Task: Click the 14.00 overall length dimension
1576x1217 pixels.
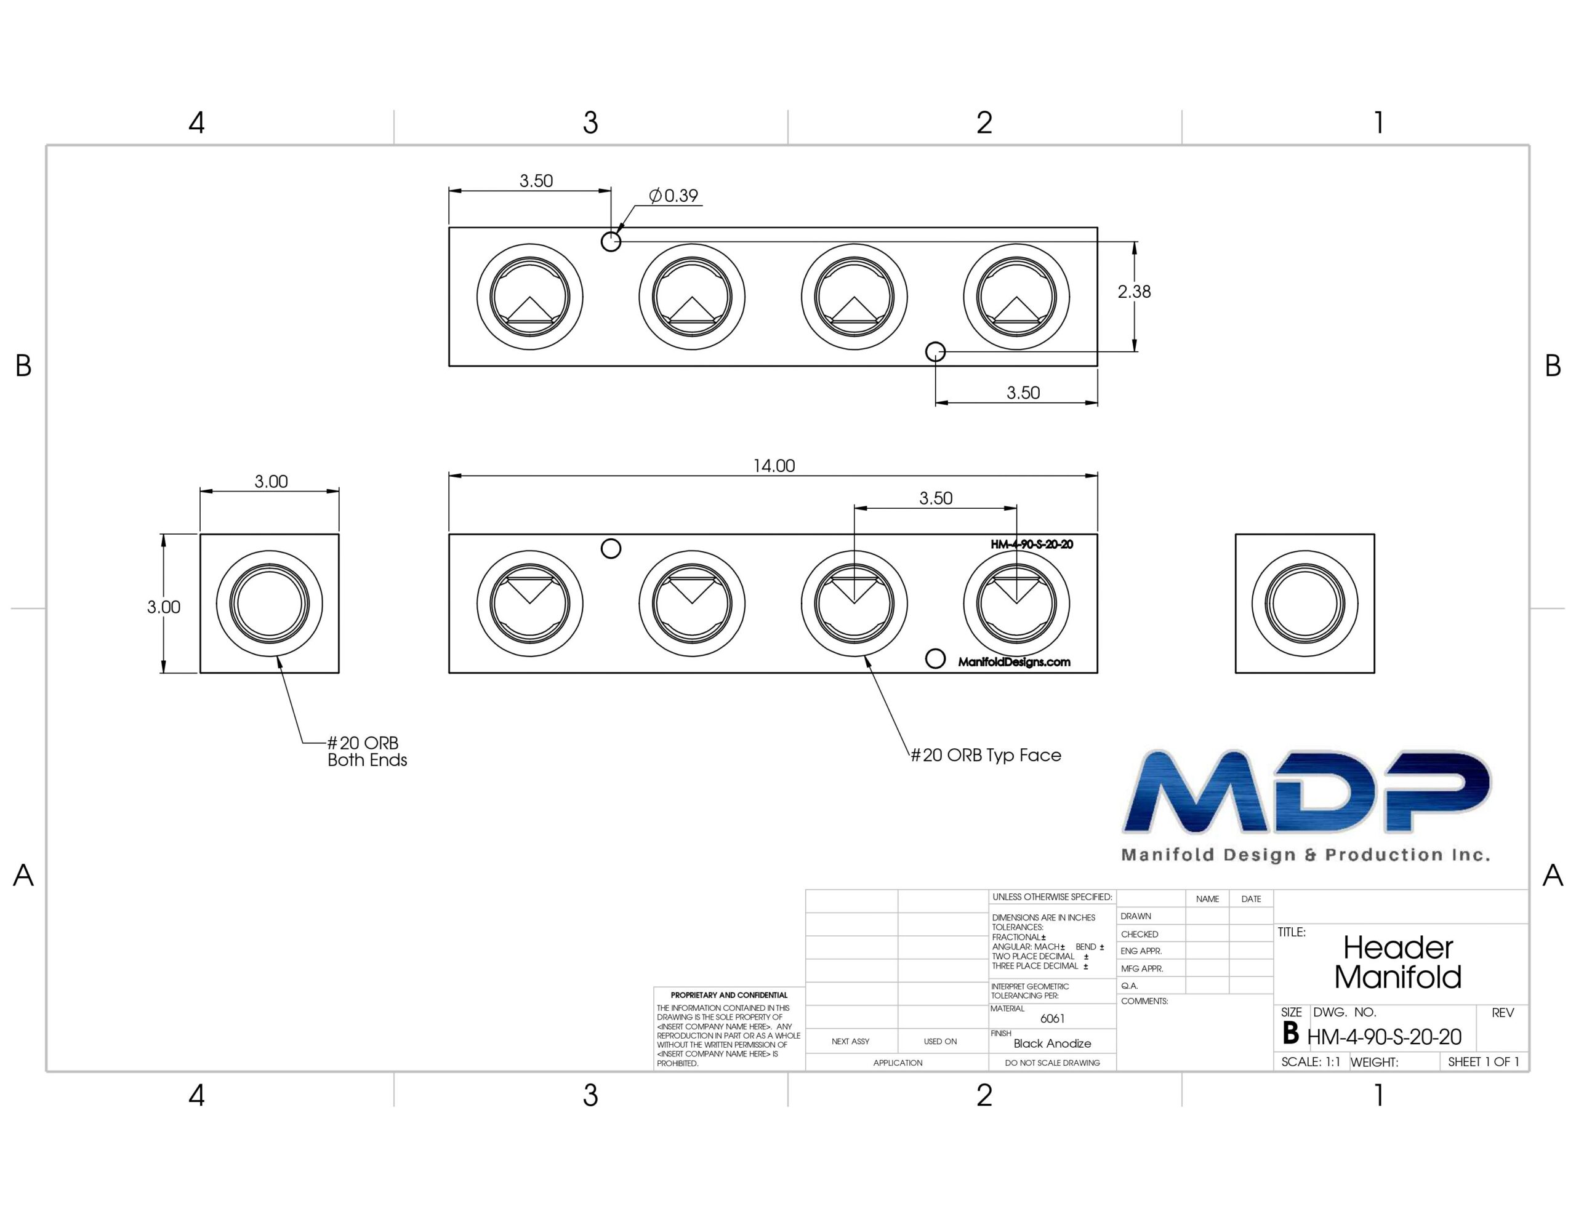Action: click(x=774, y=466)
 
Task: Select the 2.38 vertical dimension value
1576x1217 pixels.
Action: click(x=1133, y=292)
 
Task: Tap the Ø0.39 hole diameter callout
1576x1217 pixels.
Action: click(x=673, y=196)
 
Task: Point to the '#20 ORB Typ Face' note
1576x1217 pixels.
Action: click(x=986, y=756)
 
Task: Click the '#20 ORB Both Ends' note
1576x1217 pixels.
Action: click(x=366, y=751)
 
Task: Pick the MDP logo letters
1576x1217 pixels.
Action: click(x=1306, y=792)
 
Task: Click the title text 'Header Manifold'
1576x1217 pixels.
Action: click(x=1397, y=962)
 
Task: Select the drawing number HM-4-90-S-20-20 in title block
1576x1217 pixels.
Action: click(x=1384, y=1037)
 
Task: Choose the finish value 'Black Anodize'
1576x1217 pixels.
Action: click(x=1052, y=1043)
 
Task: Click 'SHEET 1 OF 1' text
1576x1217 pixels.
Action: click(x=1484, y=1062)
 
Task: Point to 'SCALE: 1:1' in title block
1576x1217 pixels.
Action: click(x=1311, y=1062)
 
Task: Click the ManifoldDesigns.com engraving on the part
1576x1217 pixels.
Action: click(x=1014, y=662)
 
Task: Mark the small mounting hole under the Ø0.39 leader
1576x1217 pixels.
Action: click(x=611, y=241)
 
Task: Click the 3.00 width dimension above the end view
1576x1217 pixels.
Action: click(x=271, y=481)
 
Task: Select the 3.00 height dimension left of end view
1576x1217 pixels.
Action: click(x=164, y=607)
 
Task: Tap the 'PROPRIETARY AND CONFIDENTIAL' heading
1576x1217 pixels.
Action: click(x=729, y=995)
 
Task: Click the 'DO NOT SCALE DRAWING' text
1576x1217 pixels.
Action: click(x=1052, y=1063)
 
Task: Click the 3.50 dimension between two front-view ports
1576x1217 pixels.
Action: click(x=935, y=498)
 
